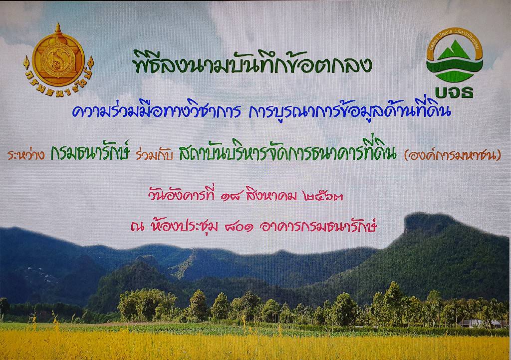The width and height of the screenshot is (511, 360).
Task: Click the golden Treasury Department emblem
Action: click(58, 59)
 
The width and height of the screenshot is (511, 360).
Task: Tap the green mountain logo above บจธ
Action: click(454, 55)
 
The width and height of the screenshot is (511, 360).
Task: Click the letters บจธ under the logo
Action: click(454, 92)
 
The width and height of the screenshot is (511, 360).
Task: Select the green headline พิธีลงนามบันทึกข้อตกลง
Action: click(253, 62)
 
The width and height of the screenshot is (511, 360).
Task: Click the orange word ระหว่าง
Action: click(26, 154)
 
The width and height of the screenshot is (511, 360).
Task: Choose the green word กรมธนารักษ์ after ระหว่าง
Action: click(90, 152)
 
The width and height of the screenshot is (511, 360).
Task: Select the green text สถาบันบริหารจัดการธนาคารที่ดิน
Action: click(288, 152)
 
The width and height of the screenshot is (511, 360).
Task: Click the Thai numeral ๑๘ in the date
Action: click(232, 196)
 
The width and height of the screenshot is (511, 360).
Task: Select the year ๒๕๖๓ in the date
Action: click(323, 196)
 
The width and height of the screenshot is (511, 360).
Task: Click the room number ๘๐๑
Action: click(240, 227)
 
